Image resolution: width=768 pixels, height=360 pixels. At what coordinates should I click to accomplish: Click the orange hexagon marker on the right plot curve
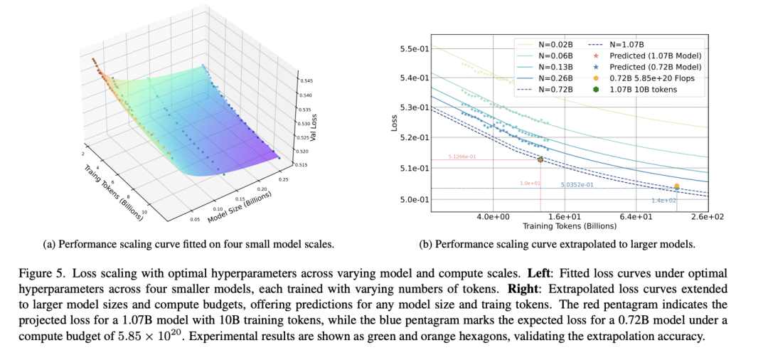676,186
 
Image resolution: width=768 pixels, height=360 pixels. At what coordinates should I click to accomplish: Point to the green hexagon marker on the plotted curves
540,160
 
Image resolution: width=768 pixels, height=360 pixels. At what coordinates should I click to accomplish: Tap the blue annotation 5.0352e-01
577,184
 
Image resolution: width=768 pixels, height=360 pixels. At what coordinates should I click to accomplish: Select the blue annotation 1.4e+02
664,201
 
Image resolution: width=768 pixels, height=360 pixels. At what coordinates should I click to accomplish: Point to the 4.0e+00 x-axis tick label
493,216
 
